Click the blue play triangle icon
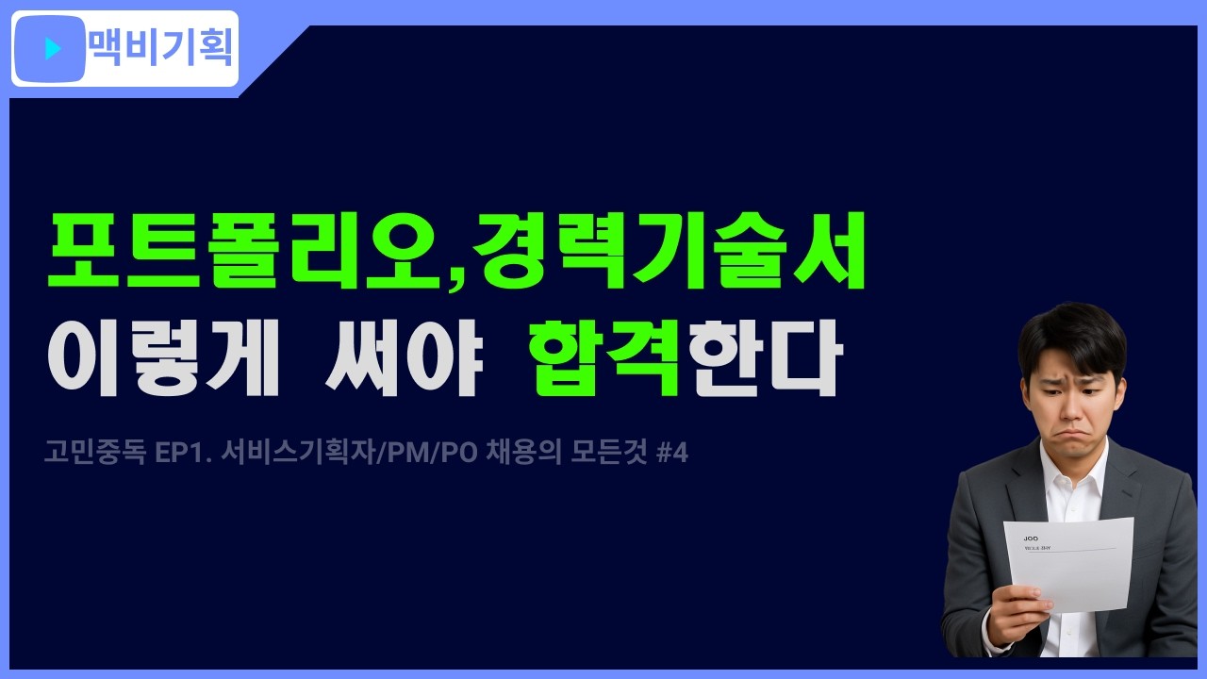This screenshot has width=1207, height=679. [x=53, y=48]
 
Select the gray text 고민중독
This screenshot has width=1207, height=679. [x=94, y=454]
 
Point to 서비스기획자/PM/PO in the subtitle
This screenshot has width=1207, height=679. [x=350, y=454]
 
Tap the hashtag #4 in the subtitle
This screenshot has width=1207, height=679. [x=671, y=454]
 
